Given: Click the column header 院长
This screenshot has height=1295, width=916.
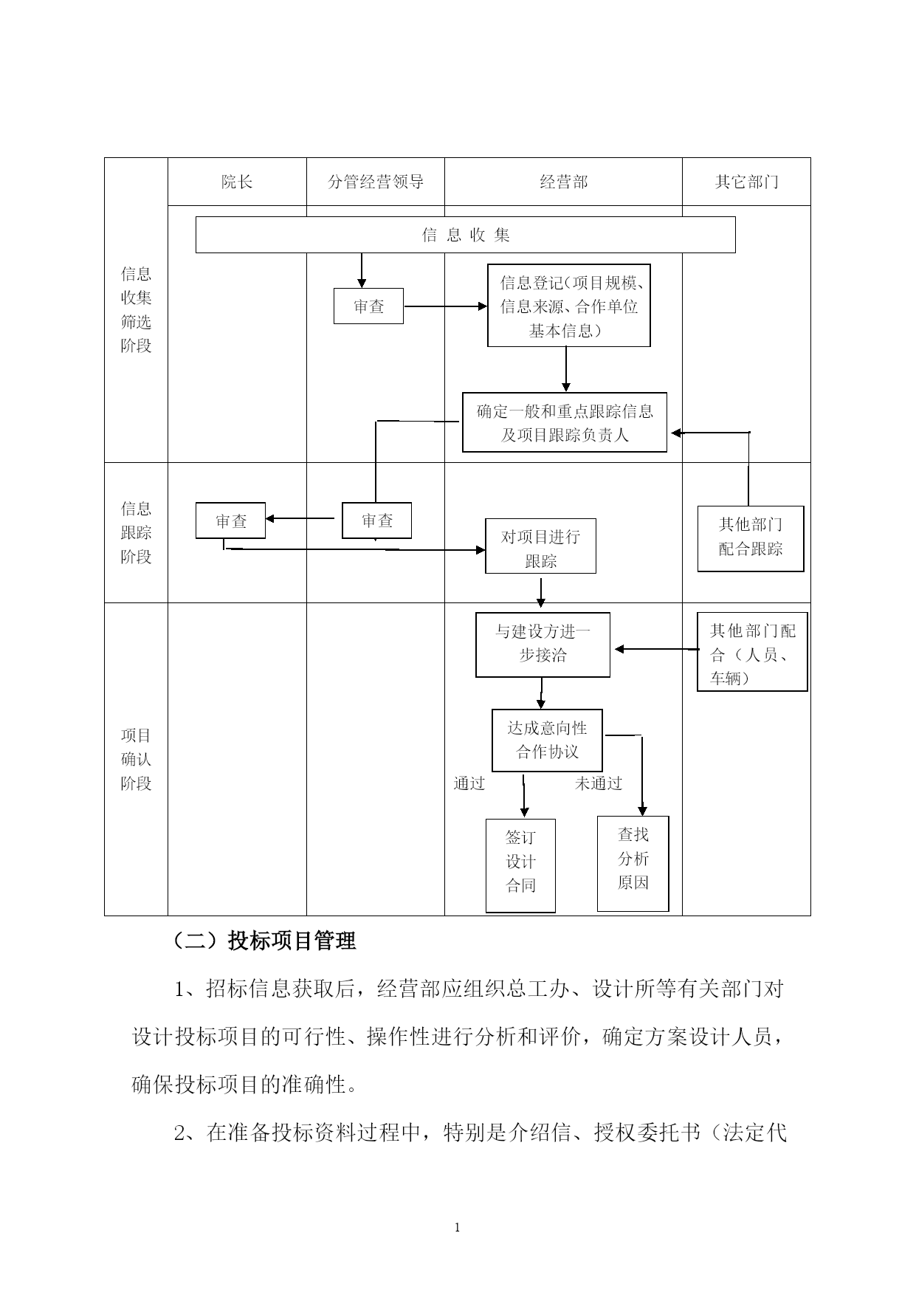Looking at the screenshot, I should coord(237,182).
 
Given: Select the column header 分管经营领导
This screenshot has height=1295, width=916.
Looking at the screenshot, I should coord(376,182).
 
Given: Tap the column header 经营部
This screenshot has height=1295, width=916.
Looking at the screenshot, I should coord(563,182).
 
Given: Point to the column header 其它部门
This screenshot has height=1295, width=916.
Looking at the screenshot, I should coord(746,182).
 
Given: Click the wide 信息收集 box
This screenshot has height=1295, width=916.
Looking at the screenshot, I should coord(465,235).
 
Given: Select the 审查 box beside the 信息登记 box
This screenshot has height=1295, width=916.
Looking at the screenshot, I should coord(368,306).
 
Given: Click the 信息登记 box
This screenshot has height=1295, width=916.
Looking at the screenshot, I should coord(568,306).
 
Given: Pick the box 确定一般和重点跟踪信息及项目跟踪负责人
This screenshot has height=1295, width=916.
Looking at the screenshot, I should coord(565,422).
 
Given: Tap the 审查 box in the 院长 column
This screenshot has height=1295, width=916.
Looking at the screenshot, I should coord(230,521).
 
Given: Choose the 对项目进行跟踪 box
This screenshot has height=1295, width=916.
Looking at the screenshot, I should coord(540,546).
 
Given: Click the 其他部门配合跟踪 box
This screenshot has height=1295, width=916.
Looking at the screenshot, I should coord(751,538).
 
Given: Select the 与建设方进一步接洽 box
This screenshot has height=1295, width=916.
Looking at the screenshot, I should coord(543,644).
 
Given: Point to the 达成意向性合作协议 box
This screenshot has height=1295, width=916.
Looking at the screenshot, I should coord(547,741).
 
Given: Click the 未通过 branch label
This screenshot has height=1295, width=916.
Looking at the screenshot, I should coord(599,783).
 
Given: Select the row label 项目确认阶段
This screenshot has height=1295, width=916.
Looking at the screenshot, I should coord(136,759).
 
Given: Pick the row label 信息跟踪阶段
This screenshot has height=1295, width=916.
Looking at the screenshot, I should coord(136,532).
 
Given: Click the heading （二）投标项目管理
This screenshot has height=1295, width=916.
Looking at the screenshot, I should coord(264,941).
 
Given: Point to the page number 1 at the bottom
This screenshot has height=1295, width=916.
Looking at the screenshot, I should coord(458,1228).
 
